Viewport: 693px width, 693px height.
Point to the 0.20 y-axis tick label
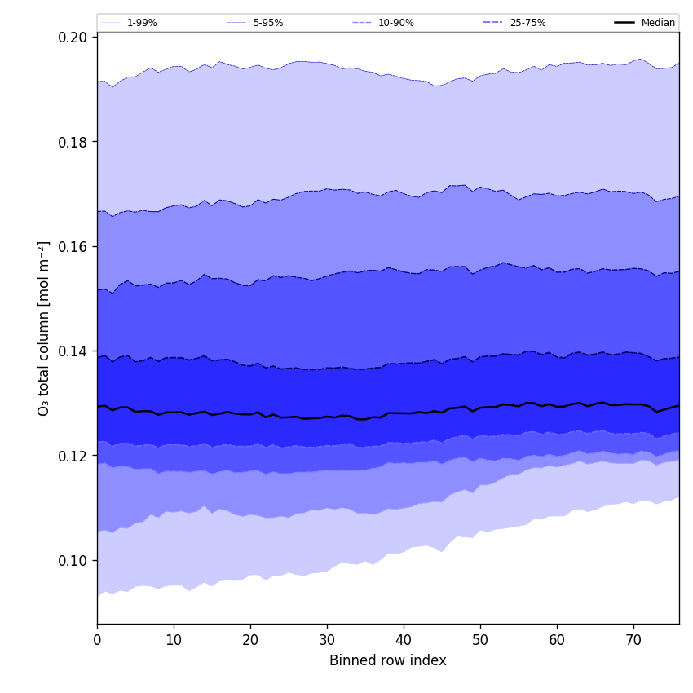(73, 38)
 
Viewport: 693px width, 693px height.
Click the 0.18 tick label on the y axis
(73, 142)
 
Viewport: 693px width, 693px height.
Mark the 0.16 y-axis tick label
(73, 246)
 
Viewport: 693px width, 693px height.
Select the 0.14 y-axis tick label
(73, 351)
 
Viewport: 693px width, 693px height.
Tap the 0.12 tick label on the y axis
(73, 456)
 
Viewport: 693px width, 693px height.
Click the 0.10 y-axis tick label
(73, 560)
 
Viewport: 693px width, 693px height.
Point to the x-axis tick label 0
(97, 640)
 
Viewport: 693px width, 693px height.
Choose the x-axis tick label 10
(174, 640)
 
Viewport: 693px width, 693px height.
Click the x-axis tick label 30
(327, 640)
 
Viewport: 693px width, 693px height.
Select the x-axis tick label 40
(404, 640)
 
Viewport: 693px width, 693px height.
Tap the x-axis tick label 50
(480, 640)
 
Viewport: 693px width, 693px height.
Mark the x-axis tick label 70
(633, 640)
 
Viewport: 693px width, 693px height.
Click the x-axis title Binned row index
(388, 661)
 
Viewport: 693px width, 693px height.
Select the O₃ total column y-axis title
(44, 328)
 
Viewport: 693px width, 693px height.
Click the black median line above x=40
(404, 413)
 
